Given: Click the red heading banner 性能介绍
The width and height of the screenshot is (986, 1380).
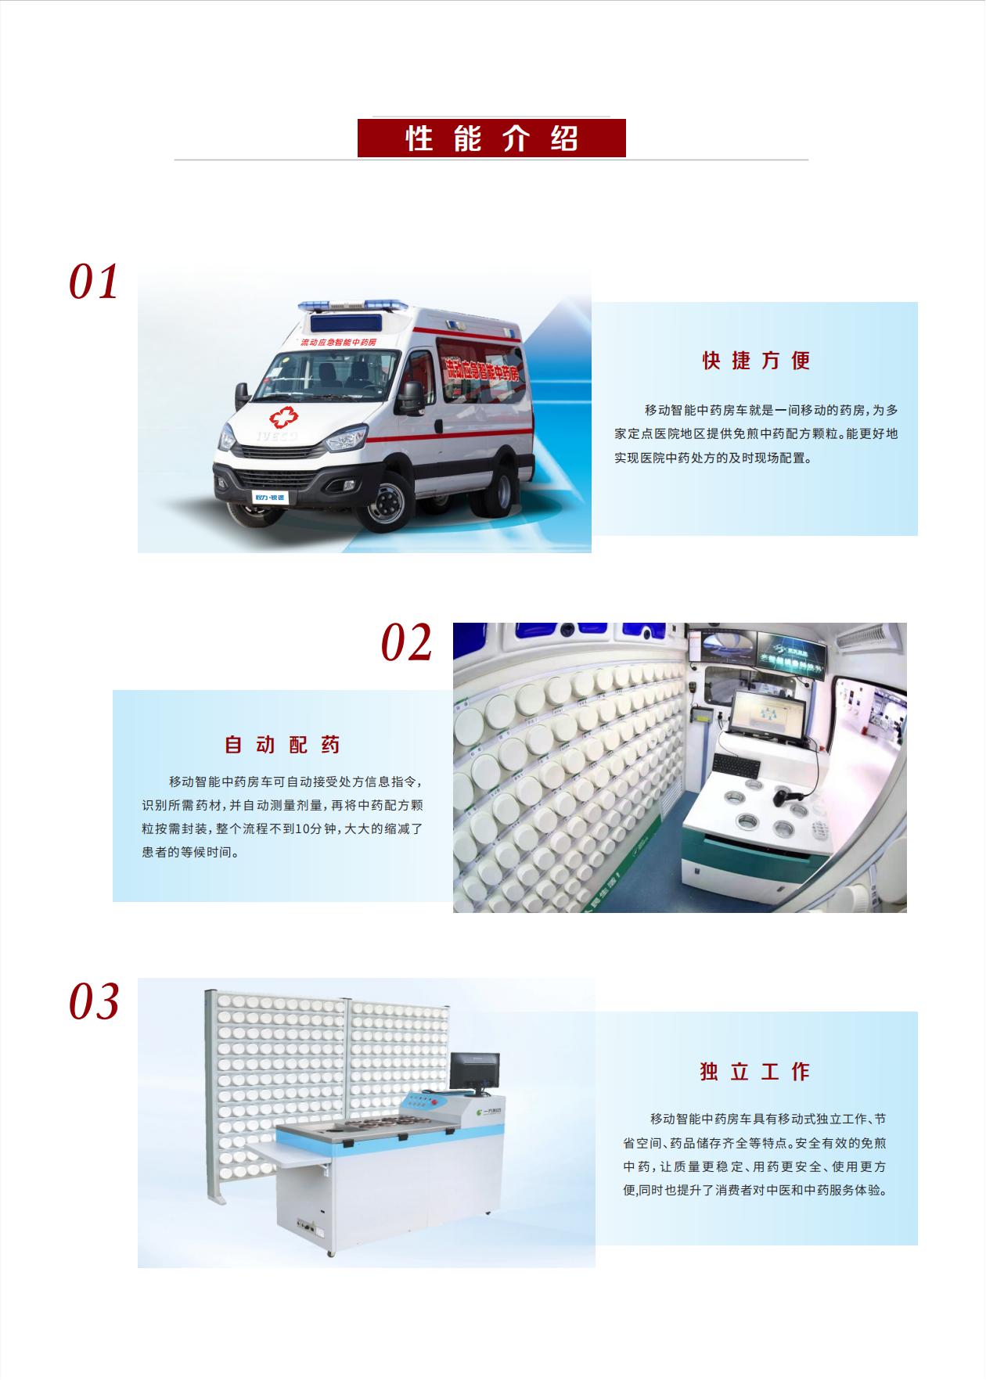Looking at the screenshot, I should click(491, 138).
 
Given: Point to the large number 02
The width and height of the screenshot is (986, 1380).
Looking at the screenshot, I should click(407, 643).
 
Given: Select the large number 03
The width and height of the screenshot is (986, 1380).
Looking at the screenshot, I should click(94, 1001).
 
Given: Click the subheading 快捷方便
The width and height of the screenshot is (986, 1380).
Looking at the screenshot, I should click(755, 361).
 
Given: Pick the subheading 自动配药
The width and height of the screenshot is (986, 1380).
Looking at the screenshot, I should click(282, 745).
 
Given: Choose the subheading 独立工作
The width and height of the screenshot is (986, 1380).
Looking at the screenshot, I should click(755, 1071).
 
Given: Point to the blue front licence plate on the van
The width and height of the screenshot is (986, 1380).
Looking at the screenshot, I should click(270, 498).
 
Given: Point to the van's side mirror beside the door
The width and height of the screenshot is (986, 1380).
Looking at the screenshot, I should click(412, 397).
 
